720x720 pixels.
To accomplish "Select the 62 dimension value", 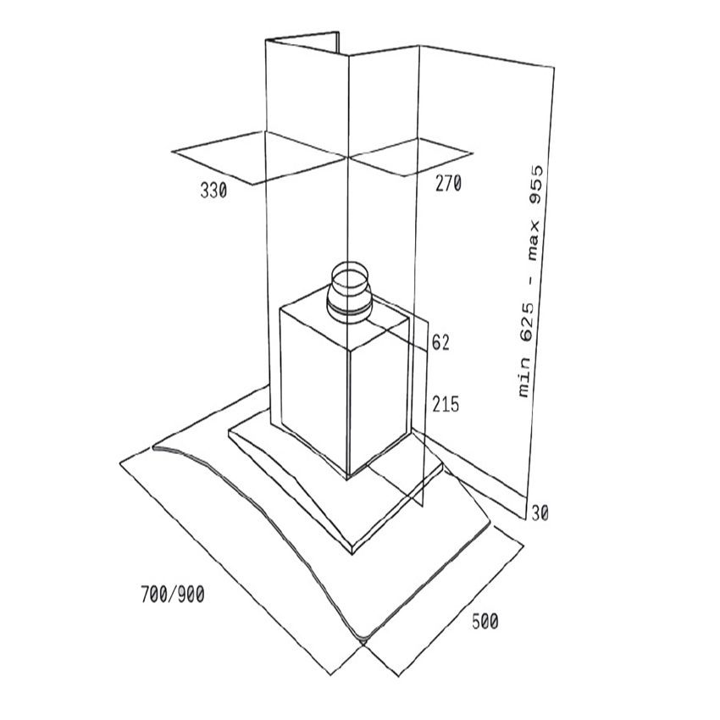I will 440,343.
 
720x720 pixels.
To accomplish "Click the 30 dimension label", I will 539,512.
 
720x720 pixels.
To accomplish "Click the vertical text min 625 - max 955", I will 530,280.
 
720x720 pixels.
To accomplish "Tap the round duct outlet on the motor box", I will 349,292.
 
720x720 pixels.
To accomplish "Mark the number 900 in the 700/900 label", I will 191,594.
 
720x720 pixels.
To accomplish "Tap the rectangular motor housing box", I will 347,385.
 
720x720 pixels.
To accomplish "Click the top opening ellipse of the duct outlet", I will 349,274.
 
